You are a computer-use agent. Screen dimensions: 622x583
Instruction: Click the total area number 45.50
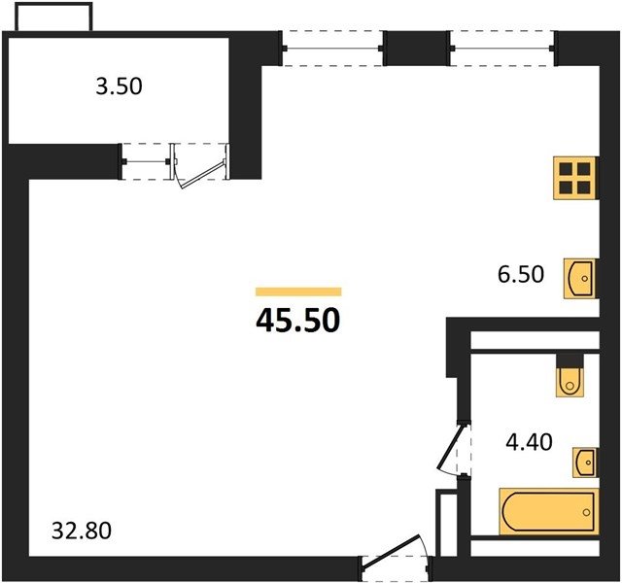point(298,321)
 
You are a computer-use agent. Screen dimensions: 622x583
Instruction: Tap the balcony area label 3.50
point(119,86)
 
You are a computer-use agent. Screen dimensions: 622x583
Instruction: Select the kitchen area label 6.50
point(521,274)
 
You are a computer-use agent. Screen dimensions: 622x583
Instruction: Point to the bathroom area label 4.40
point(529,442)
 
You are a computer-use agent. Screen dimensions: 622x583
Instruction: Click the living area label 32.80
point(82,532)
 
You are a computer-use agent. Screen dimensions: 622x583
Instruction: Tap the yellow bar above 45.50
point(298,291)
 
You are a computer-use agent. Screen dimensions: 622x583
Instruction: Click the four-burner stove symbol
point(574,178)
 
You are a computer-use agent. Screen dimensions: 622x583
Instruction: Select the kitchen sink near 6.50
point(580,278)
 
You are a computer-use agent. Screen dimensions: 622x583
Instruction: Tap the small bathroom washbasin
point(584,463)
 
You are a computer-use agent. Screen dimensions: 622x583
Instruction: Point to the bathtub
point(548,511)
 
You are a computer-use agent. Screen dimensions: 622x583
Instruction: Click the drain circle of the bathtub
point(587,512)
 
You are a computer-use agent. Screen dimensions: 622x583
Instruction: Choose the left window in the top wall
point(332,49)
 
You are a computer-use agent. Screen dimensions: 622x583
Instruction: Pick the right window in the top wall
point(502,49)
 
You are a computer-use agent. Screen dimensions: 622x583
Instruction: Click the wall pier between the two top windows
point(417,49)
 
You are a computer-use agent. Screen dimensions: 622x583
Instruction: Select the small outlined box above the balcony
point(54,17)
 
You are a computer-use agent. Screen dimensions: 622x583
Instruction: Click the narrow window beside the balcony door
point(146,162)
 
